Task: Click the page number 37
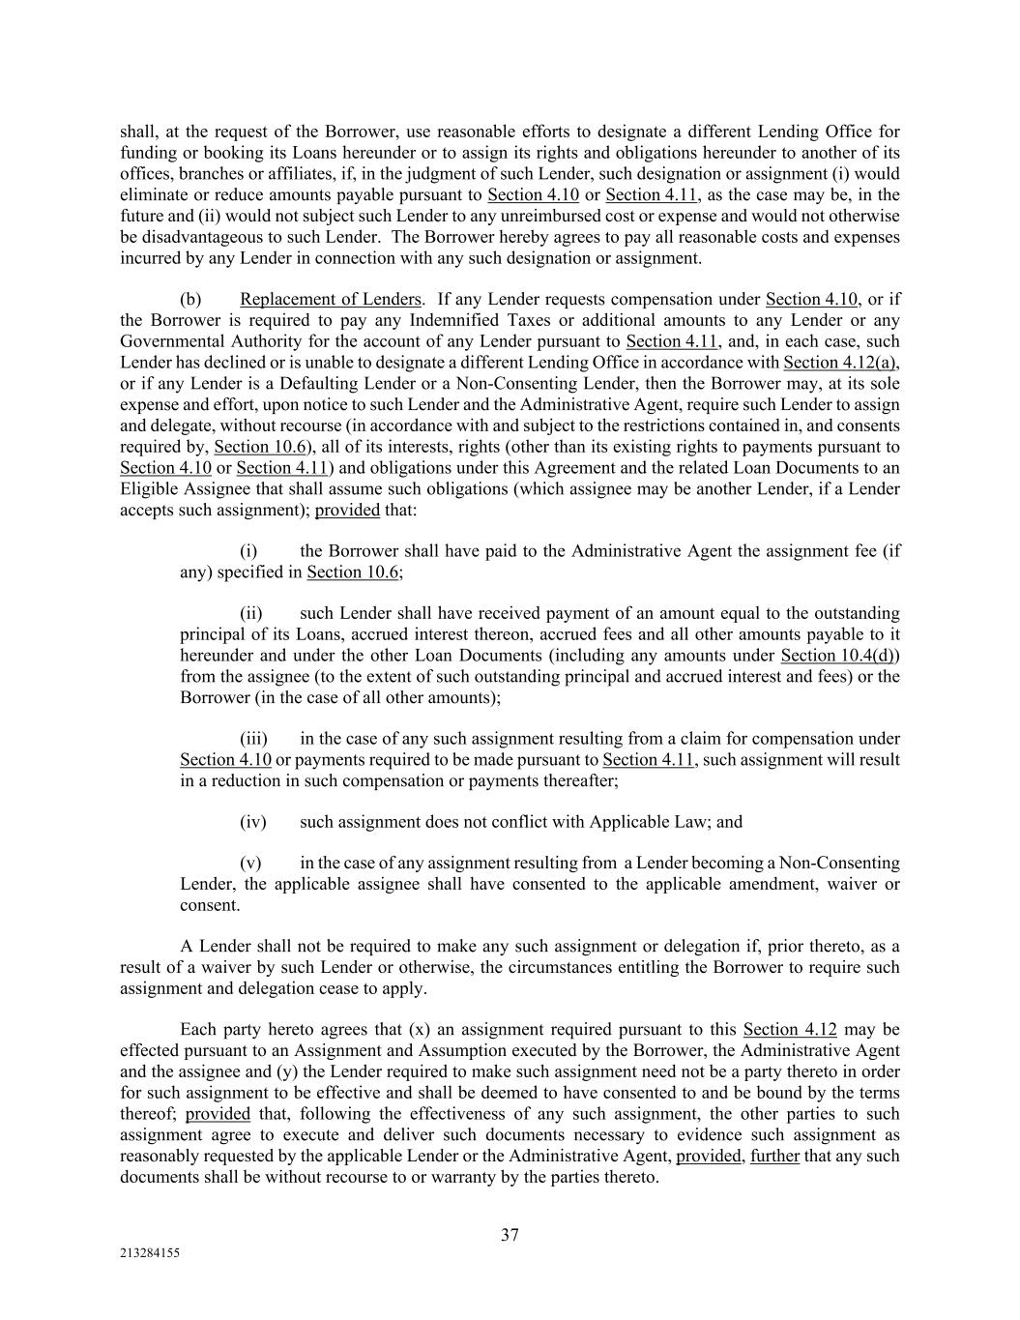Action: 510,1235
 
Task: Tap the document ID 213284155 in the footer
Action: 150,1252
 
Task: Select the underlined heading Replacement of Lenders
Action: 331,299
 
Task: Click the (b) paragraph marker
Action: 190,299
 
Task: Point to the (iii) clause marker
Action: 252,739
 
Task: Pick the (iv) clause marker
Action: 252,822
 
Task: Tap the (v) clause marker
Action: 250,863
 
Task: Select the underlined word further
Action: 774,1157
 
